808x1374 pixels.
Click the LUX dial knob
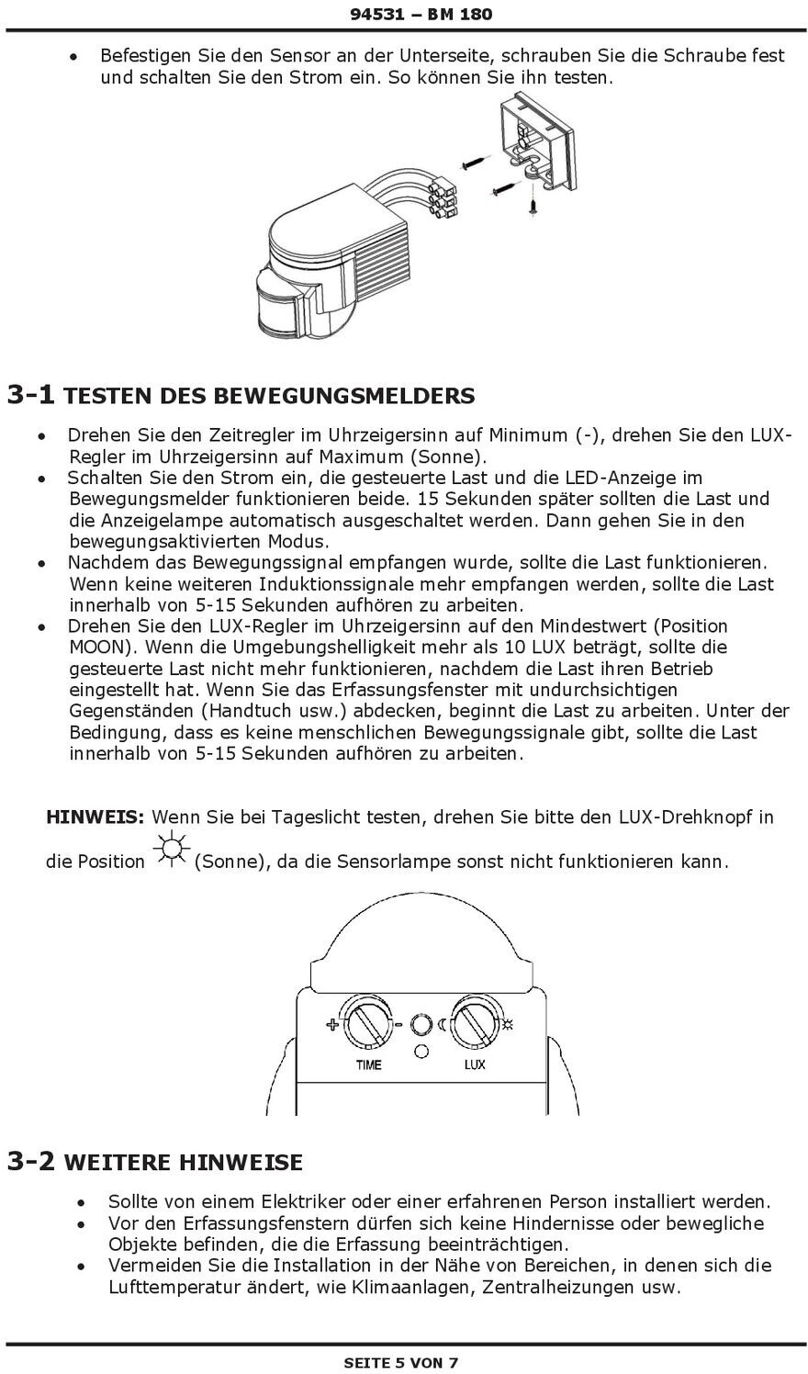[474, 1025]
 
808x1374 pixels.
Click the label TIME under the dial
[368, 1065]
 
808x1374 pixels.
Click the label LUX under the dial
[474, 1065]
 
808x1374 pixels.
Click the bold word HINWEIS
[95, 817]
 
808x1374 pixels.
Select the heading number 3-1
[31, 395]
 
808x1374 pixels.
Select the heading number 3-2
[31, 1162]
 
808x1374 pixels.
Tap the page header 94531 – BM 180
[421, 14]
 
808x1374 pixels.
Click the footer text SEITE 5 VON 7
[400, 1362]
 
